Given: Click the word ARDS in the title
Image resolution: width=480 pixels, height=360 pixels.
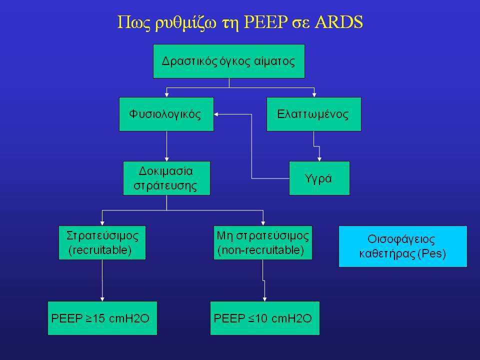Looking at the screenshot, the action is (338, 22).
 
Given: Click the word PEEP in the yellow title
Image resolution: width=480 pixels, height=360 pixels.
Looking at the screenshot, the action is (265, 22).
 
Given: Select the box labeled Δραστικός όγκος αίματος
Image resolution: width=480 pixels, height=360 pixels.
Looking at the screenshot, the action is (228, 61).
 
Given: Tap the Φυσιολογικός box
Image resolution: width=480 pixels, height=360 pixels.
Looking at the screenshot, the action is (166, 114).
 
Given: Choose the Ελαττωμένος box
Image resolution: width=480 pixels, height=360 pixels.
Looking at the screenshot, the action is (314, 114).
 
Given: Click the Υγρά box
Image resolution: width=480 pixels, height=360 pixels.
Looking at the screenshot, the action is (319, 178).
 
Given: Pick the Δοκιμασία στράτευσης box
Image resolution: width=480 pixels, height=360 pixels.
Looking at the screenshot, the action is (166, 178).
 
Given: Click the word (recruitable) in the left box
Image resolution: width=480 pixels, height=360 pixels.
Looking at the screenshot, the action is (100, 250).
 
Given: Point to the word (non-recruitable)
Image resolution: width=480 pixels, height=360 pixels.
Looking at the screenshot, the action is (261, 250).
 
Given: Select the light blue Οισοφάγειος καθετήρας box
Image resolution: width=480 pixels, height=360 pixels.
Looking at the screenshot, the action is (403, 246).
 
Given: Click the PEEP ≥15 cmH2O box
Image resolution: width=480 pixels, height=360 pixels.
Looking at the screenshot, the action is (102, 318).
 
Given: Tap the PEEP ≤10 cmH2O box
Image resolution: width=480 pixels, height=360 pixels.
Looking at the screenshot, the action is (265, 318).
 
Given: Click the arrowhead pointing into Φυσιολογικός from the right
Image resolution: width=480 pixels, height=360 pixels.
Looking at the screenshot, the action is (216, 114).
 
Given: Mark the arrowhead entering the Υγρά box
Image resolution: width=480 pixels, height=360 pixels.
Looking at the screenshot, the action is (319, 159).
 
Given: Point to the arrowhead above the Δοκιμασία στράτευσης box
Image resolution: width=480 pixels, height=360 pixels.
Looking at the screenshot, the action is (166, 159).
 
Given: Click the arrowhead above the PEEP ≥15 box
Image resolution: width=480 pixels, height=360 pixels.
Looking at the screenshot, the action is (102, 299).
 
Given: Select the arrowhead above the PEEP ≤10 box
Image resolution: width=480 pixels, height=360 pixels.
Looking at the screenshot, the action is (265, 299).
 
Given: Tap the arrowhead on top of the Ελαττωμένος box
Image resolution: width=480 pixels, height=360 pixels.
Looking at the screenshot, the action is (314, 95).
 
